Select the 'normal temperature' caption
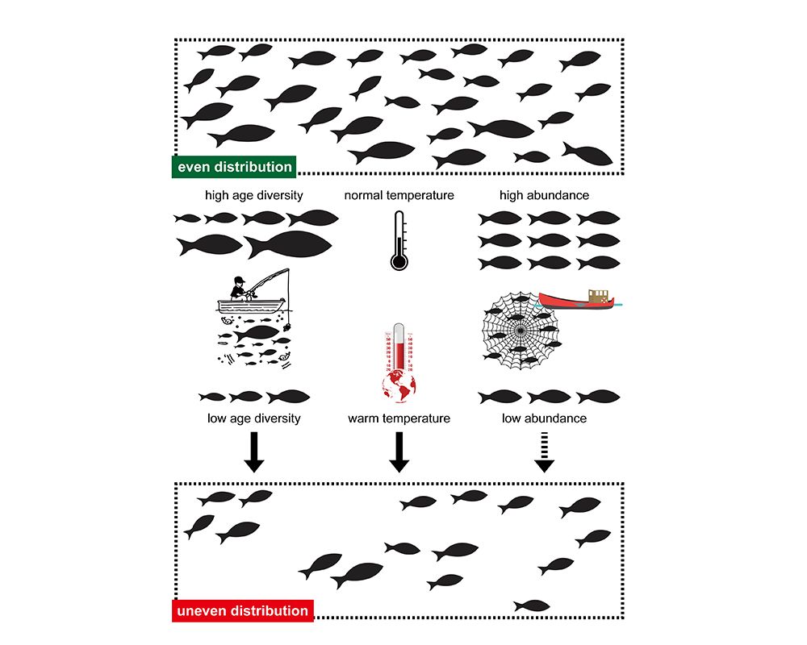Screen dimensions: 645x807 click(399, 195)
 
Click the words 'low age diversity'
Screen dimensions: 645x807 click(254, 418)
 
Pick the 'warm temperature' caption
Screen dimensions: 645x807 click(399, 418)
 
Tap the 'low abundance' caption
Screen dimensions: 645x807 click(544, 418)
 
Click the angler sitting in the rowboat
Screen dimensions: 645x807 click(239, 289)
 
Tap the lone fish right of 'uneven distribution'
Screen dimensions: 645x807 click(531, 605)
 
